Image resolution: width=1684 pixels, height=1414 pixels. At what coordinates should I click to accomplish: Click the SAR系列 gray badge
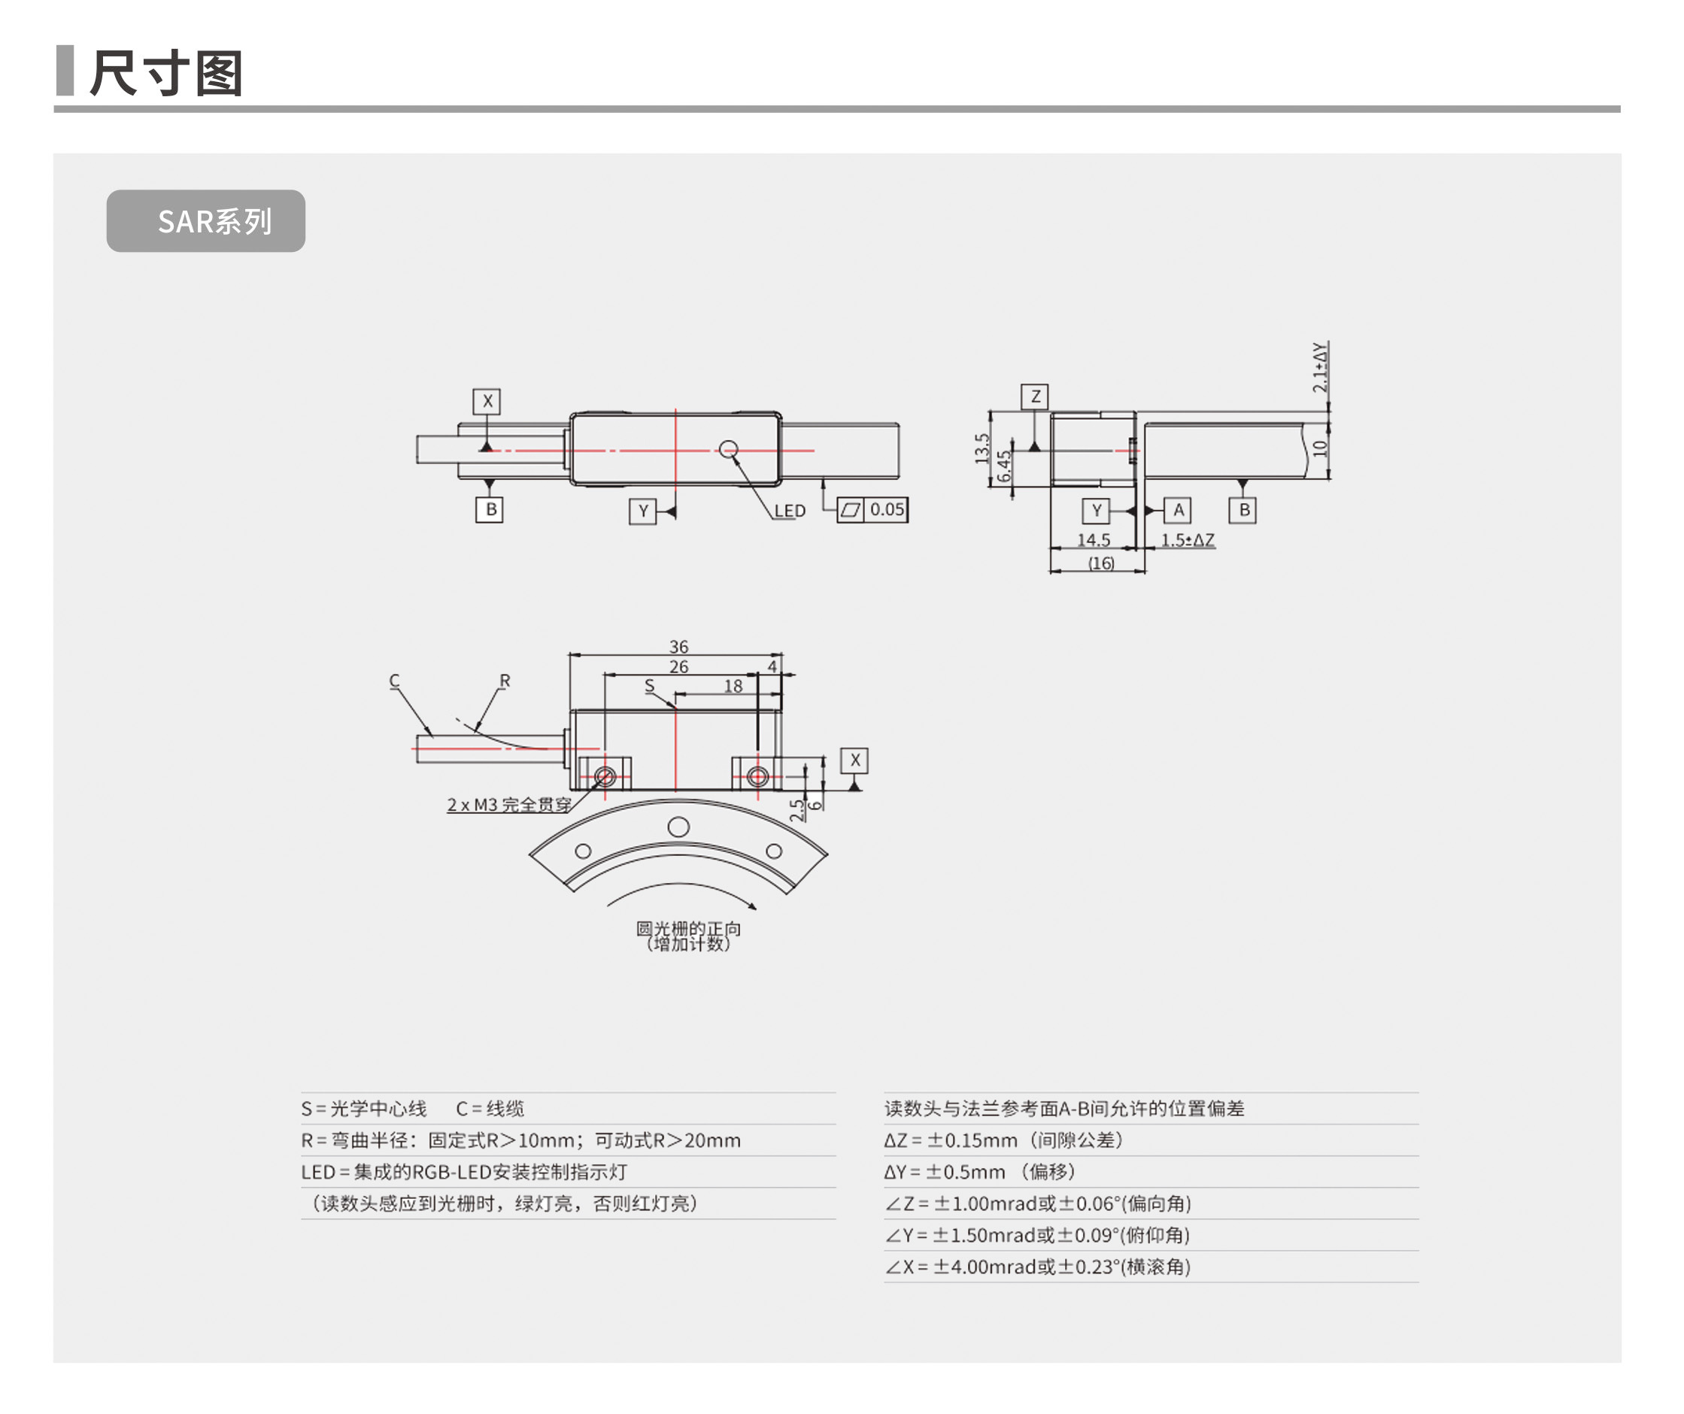[206, 221]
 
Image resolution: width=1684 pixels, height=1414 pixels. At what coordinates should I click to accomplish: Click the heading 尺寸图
[166, 73]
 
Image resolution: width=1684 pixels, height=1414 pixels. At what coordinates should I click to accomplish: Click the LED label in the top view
[789, 511]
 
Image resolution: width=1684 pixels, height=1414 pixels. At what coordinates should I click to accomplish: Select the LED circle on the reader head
[728, 449]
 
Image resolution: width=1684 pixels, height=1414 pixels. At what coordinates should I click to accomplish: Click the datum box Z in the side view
[1034, 396]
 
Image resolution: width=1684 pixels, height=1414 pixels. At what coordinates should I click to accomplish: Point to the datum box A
[1178, 510]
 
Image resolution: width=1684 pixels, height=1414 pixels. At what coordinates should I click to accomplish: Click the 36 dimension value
[678, 646]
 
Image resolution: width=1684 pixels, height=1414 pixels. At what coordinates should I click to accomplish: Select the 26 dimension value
[678, 666]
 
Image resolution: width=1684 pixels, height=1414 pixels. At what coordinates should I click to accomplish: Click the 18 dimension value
[733, 687]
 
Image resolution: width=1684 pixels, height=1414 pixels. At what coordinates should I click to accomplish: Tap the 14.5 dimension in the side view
[1093, 540]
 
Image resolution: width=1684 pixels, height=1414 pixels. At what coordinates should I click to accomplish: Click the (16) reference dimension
[1100, 563]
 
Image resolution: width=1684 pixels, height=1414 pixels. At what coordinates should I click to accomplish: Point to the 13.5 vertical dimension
[982, 449]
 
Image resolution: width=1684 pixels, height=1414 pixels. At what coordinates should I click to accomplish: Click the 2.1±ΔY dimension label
[1319, 367]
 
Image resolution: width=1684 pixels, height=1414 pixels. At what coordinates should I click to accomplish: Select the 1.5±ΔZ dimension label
[1188, 540]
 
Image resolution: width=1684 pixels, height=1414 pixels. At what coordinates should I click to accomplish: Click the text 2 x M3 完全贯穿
[509, 805]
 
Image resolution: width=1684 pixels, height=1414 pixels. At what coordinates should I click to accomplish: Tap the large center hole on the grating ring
[678, 827]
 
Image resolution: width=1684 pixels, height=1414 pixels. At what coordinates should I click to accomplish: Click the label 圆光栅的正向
[688, 929]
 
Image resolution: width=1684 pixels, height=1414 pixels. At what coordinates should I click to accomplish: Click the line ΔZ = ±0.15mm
[1003, 1140]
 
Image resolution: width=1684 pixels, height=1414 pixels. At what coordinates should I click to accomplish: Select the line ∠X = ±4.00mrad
[1037, 1267]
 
